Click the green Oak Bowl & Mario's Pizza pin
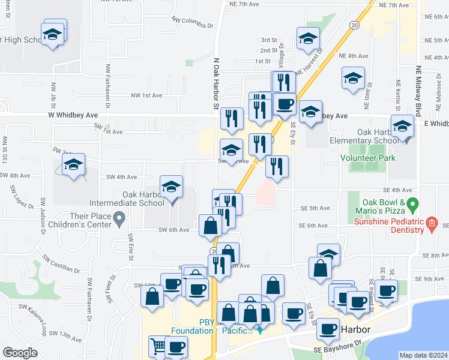click(x=412, y=205)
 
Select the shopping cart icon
click(x=158, y=346)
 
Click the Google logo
click(x=20, y=353)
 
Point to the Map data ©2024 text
click(x=423, y=355)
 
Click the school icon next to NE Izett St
click(x=353, y=77)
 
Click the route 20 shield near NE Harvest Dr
click(x=354, y=25)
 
